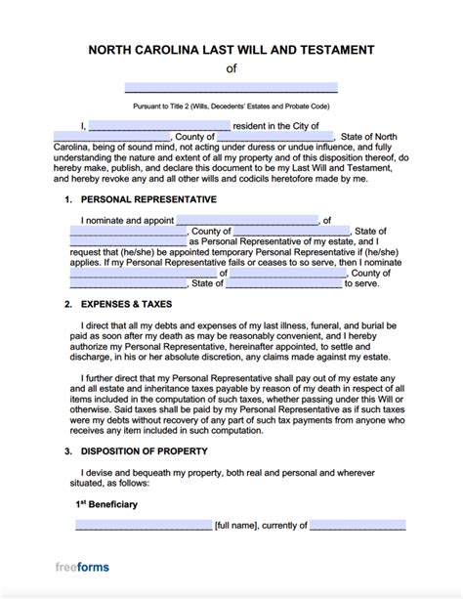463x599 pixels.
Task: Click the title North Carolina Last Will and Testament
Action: pyautogui.click(x=231, y=50)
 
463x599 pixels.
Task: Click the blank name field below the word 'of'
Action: pyautogui.click(x=231, y=87)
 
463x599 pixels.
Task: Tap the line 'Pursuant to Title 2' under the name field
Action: pyautogui.click(x=231, y=105)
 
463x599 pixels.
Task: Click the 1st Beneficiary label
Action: pyautogui.click(x=110, y=505)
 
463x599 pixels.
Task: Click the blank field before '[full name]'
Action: pyautogui.click(x=143, y=525)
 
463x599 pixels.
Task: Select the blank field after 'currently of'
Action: pyautogui.click(x=358, y=525)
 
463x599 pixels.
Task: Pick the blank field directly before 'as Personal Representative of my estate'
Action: pyautogui.click(x=128, y=240)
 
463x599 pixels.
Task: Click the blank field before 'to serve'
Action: pyautogui.click(x=286, y=284)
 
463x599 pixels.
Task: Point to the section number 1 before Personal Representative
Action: pyautogui.click(x=67, y=199)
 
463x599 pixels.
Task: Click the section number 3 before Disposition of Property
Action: pyautogui.click(x=67, y=452)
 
